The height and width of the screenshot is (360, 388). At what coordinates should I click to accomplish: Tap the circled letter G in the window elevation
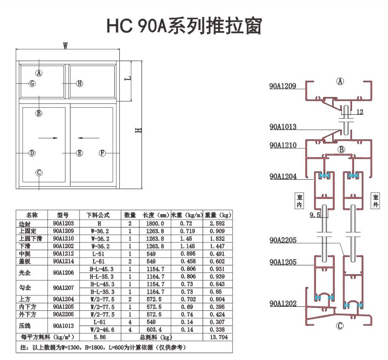(x=32, y=84)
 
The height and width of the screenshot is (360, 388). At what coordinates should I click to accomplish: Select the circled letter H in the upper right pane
(x=80, y=84)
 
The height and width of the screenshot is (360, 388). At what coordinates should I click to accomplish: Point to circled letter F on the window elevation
(x=103, y=153)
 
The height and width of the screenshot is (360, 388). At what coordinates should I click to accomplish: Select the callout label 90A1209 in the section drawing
(x=282, y=86)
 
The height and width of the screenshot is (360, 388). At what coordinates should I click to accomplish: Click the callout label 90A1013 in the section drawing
(x=282, y=127)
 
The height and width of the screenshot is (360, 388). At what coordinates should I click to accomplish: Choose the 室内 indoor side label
(x=298, y=201)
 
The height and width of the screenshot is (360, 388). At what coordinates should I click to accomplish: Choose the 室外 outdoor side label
(x=375, y=201)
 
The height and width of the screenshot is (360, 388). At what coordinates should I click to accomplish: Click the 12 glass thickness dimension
(x=359, y=112)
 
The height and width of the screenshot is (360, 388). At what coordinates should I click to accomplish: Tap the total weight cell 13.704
(x=217, y=338)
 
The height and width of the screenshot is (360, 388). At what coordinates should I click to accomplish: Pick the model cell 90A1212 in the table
(x=63, y=254)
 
